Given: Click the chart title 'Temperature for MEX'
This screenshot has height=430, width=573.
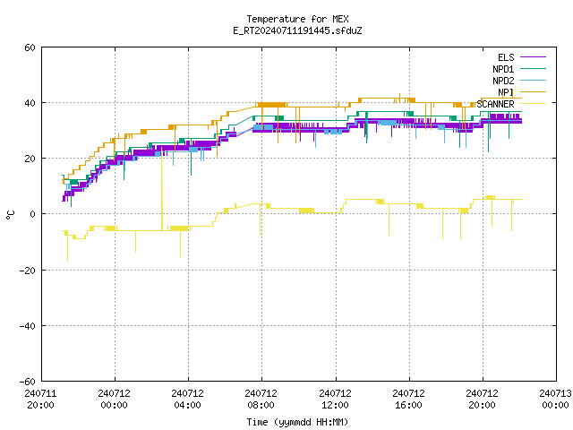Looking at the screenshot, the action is [297, 19].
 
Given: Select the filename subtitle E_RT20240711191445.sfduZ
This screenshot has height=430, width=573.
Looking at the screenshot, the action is [297, 30].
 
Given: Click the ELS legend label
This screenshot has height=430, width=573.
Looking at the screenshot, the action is [506, 57].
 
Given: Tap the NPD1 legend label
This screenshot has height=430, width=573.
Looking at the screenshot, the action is [503, 69].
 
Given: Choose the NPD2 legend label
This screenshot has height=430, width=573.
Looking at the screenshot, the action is [503, 81].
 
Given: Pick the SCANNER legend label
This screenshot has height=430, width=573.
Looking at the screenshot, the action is [495, 104].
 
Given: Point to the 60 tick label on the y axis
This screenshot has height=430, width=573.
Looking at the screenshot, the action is [30, 47].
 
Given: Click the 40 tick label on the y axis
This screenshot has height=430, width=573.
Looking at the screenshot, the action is [30, 103].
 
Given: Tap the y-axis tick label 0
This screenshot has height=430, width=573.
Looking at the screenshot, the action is [33, 214].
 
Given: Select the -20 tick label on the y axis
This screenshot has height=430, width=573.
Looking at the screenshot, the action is [28, 271].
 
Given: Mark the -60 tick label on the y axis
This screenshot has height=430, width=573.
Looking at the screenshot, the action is [28, 382].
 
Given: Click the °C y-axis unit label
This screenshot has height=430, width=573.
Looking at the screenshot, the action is [10, 215].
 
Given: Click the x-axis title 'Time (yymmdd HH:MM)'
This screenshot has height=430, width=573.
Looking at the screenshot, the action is [297, 422].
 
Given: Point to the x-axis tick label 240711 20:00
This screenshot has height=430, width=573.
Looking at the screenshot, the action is [40, 400].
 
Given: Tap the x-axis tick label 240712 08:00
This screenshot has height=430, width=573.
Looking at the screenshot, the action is [261, 400].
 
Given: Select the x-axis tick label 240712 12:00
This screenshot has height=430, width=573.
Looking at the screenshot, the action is [335, 400].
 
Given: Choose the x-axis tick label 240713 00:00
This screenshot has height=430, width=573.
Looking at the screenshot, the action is [555, 400].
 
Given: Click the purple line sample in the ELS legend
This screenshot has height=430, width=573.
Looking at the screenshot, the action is [534, 57].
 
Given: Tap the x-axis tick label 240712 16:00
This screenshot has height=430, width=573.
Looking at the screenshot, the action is [408, 400].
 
